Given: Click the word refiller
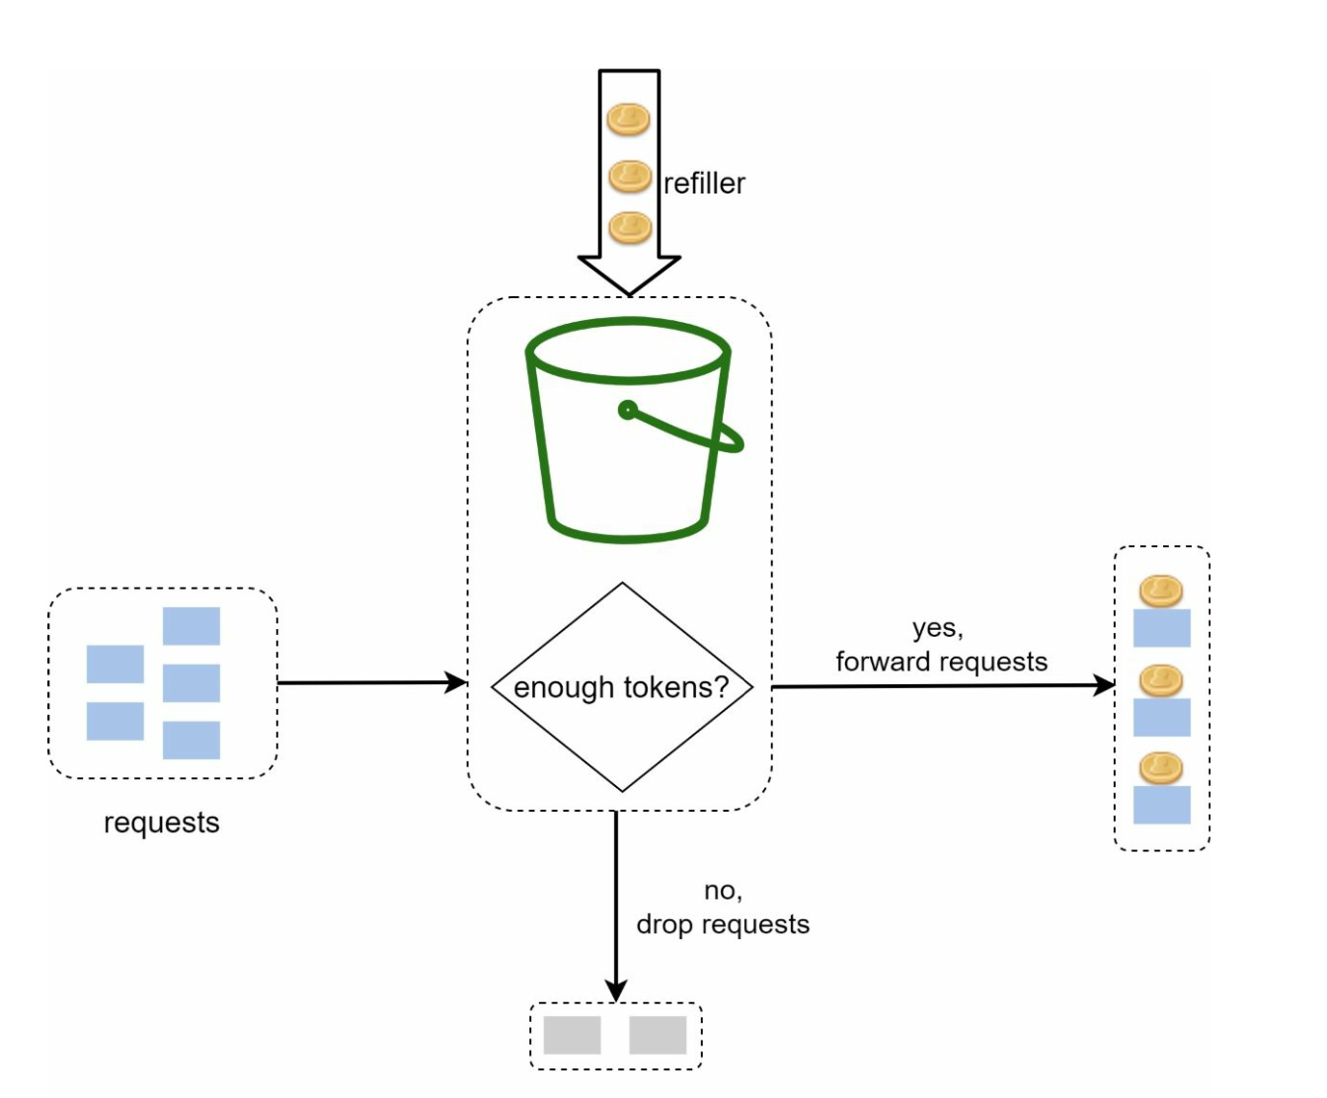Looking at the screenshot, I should click(704, 184).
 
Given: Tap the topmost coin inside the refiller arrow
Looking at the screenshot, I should click(628, 120).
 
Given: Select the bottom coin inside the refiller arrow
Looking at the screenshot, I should click(630, 228).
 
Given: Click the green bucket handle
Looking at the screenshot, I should click(691, 431).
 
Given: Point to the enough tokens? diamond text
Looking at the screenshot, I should click(621, 687).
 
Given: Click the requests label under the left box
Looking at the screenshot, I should click(161, 823).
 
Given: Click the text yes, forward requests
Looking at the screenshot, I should click(940, 646).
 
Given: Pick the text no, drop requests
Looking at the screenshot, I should click(723, 907).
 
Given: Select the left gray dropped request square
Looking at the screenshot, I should click(572, 1035).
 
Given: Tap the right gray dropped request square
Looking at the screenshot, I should click(658, 1035).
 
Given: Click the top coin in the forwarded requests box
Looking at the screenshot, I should click(1160, 591).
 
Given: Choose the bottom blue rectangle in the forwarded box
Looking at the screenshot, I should click(1161, 805).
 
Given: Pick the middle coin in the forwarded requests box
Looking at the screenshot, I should click(1160, 680).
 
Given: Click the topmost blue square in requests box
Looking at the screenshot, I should click(192, 626).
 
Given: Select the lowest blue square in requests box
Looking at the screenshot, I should click(192, 740).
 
